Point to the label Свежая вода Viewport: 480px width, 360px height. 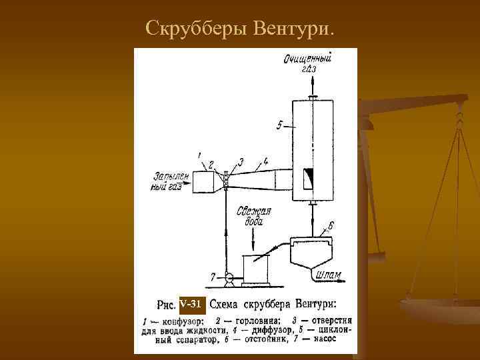pos(255,217)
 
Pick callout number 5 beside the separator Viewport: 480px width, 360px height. pos(280,125)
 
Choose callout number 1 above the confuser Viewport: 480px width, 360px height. pos(199,155)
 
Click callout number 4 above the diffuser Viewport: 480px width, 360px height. pos(265,160)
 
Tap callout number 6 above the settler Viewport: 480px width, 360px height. pos(331,225)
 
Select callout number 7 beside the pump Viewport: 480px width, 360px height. pos(213,275)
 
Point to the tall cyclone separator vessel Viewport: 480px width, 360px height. pos(312,149)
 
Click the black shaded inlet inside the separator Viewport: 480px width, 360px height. pos(309,178)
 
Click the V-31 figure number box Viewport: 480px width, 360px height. pos(192,305)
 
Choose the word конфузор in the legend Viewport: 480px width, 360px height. pos(175,320)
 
